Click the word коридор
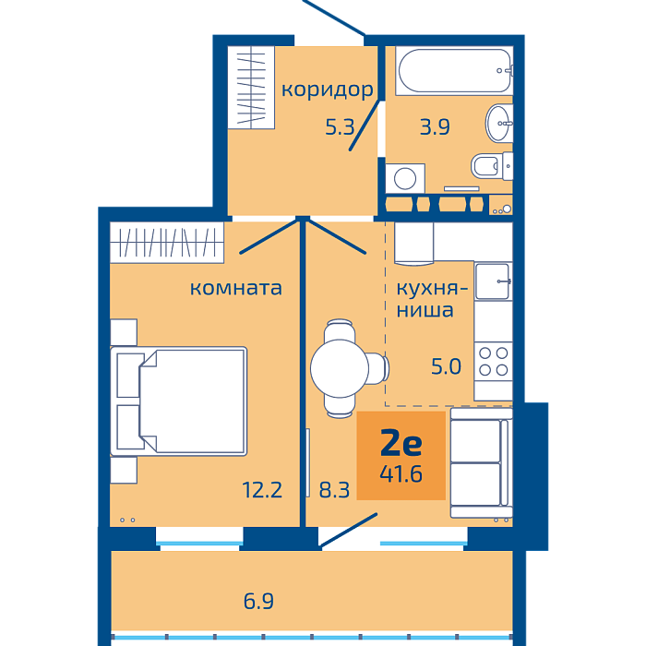(x=327, y=90)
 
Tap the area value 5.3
(x=340, y=127)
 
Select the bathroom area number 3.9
(x=435, y=127)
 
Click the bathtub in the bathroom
(x=454, y=70)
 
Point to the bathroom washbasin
(x=499, y=123)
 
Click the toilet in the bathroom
(x=492, y=166)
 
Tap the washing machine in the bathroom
(x=405, y=178)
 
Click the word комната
(x=235, y=288)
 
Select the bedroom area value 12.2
(x=262, y=490)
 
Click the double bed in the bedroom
(x=179, y=401)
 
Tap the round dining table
(x=340, y=368)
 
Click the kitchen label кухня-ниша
(x=432, y=300)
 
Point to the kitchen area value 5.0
(x=446, y=366)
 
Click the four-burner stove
(x=493, y=362)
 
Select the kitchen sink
(x=493, y=281)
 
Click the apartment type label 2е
(x=401, y=442)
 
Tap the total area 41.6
(x=401, y=474)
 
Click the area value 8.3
(x=334, y=490)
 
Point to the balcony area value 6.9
(x=258, y=601)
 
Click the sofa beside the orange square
(x=481, y=462)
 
